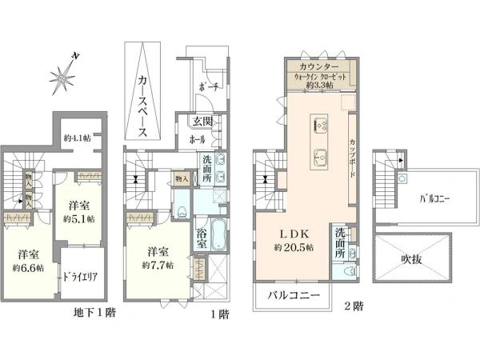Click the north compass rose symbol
62,77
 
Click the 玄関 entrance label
202,122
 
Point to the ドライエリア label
80,277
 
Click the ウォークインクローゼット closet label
318,77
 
